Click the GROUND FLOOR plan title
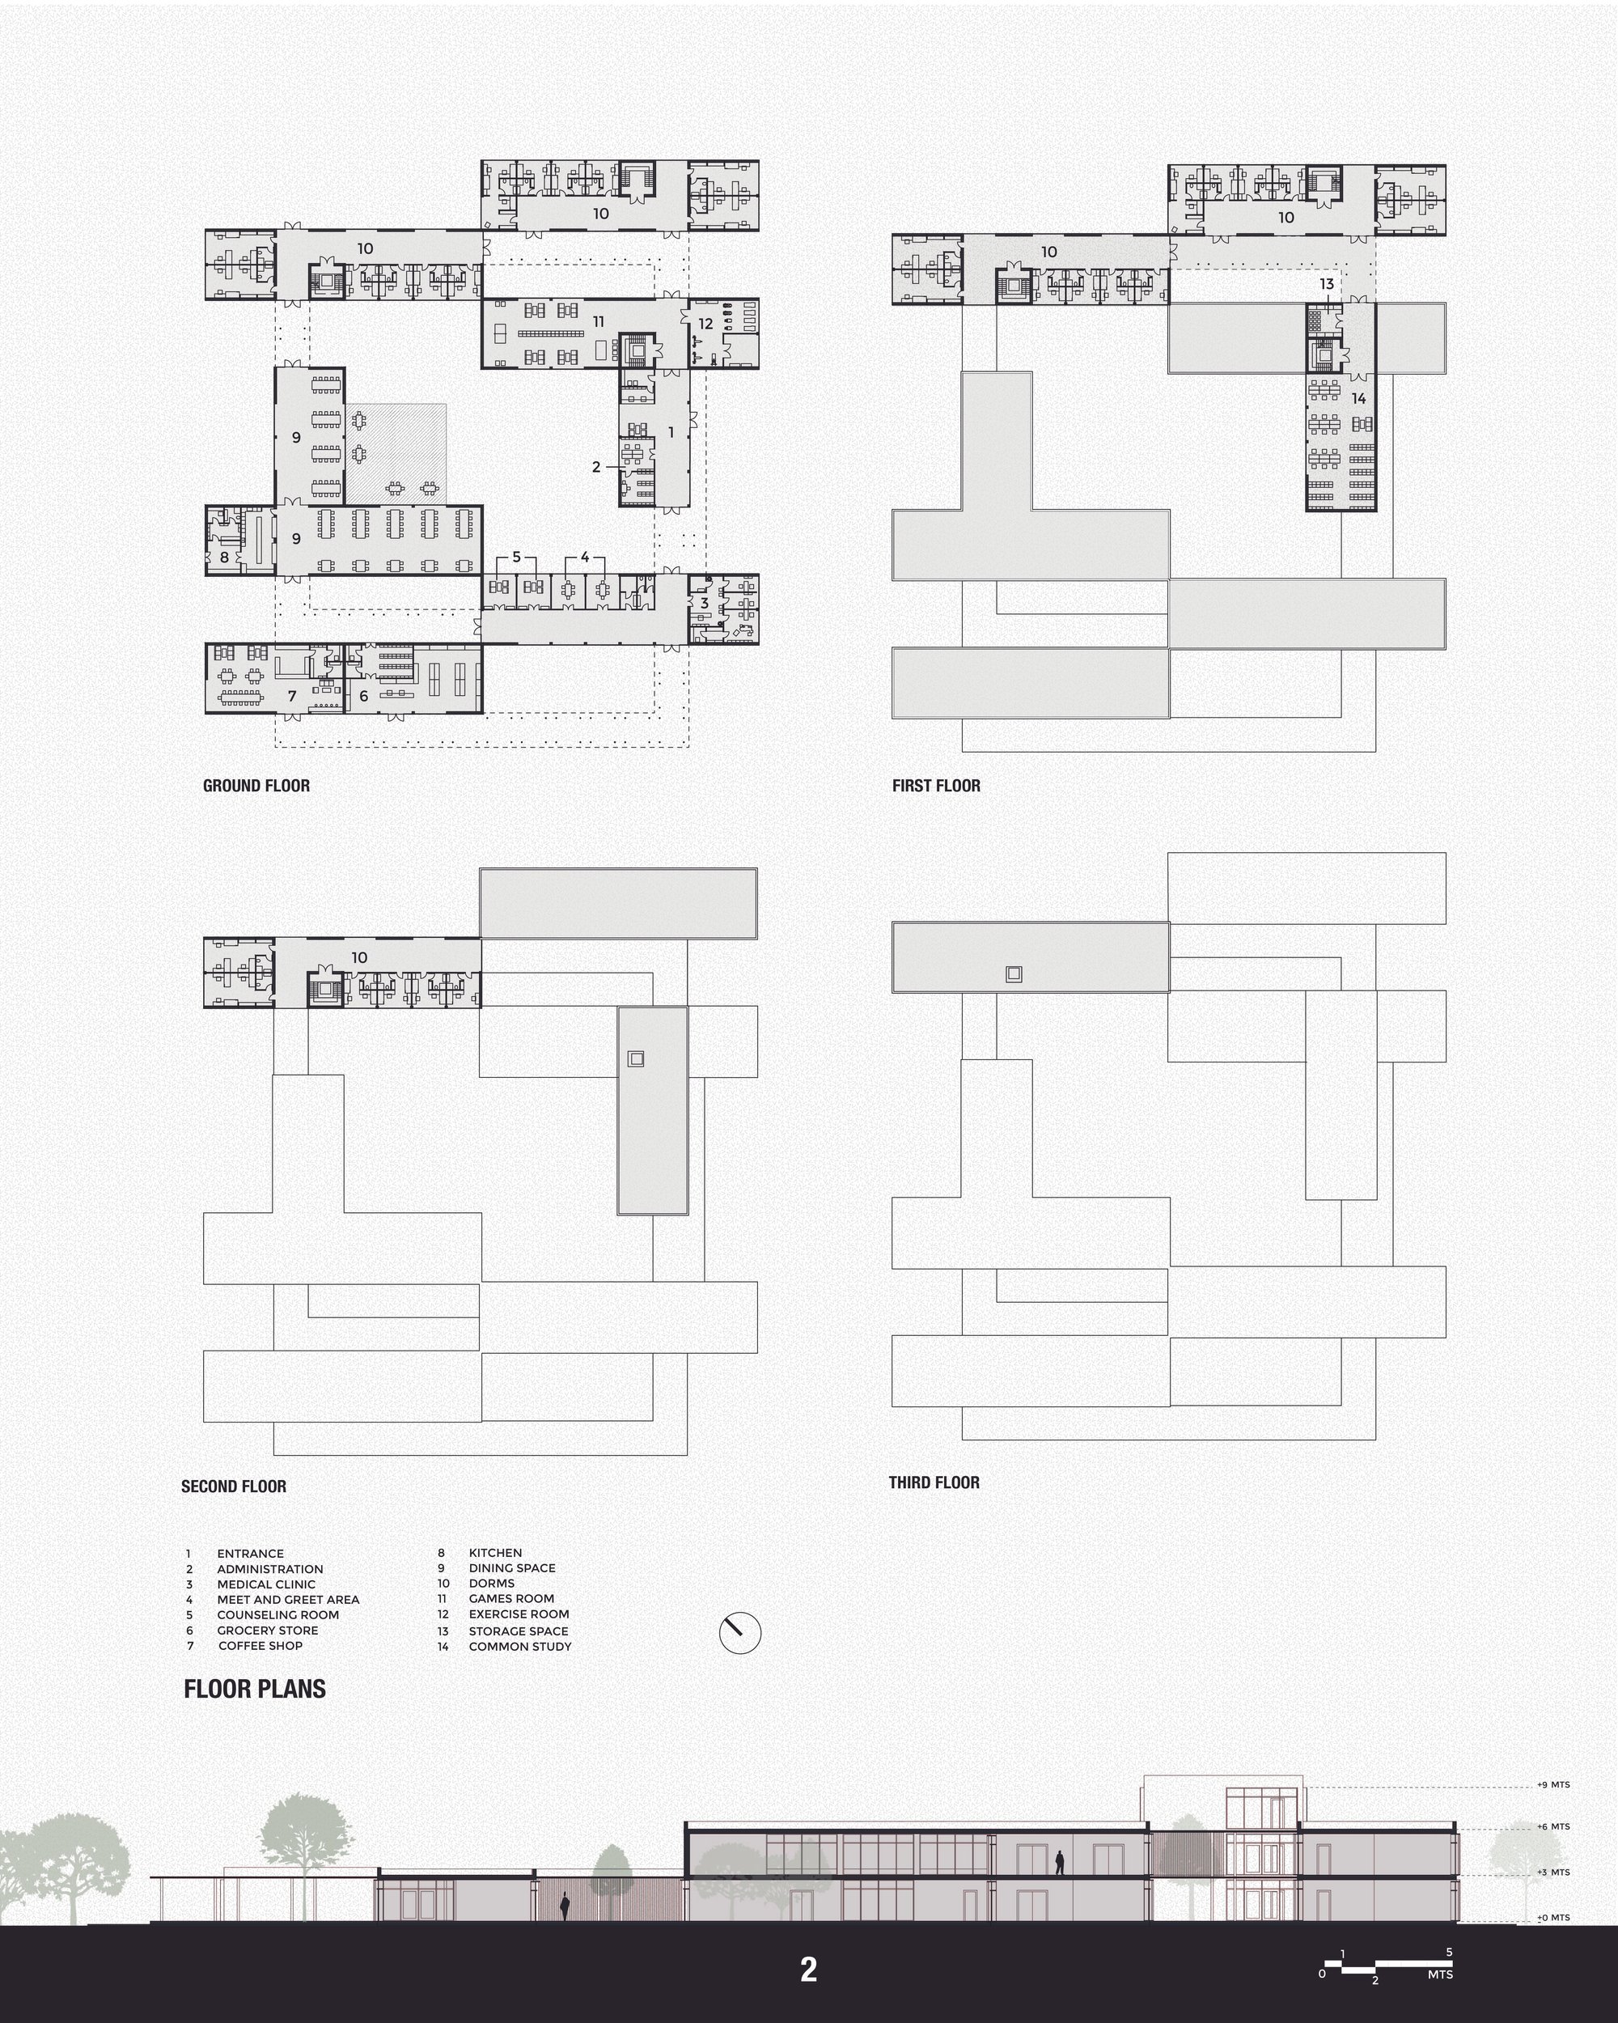click(x=256, y=786)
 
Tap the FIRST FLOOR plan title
click(x=936, y=786)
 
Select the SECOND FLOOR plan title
click(x=234, y=1487)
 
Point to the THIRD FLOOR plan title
click(x=934, y=1482)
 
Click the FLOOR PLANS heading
click(x=255, y=1689)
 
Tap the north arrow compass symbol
click(x=740, y=1634)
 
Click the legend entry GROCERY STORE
click(x=267, y=1630)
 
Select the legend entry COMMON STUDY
click(x=519, y=1646)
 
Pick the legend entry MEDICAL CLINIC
click(x=266, y=1584)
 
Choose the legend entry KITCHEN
click(x=495, y=1553)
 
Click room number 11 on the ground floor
click(x=599, y=322)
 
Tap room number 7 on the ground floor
click(x=292, y=695)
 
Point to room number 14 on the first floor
click(x=1358, y=399)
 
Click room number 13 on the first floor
click(x=1326, y=283)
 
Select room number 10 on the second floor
click(x=359, y=957)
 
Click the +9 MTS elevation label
click(x=1553, y=1784)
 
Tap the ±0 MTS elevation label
click(x=1553, y=1918)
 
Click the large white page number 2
click(x=808, y=1970)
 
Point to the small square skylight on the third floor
click(x=1013, y=974)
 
